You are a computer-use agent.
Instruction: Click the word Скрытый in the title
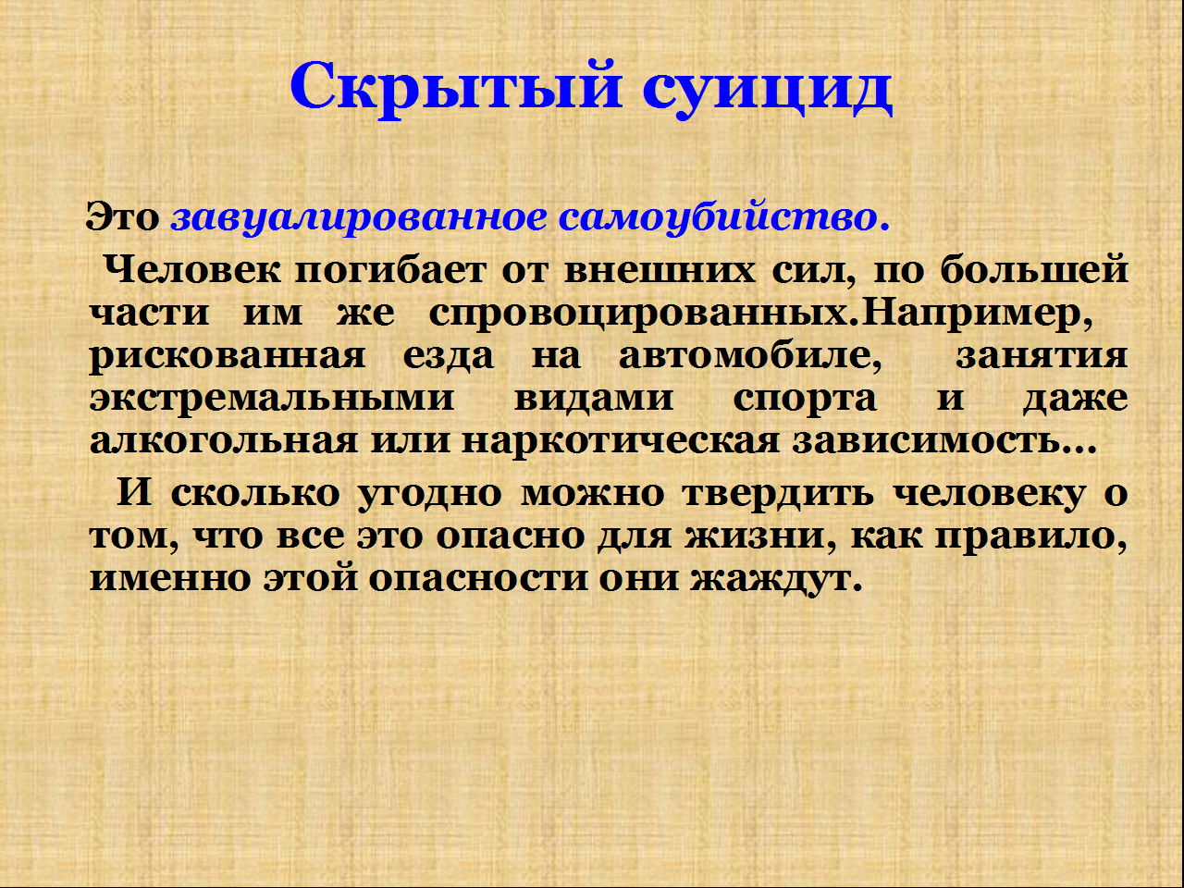[456, 86]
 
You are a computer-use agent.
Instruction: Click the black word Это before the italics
[122, 217]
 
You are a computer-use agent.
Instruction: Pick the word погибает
[390, 270]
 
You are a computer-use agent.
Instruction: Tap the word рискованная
[228, 357]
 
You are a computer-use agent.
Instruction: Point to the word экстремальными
[271, 400]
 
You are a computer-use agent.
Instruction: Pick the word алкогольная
[223, 441]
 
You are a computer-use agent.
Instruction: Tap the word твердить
[777, 493]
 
